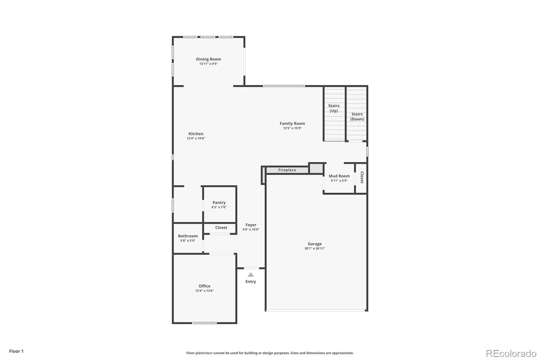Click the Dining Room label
208,59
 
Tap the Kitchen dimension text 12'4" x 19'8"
196,138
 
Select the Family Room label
292,124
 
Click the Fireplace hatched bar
287,170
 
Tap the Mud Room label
339,176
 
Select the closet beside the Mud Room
361,178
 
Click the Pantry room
219,204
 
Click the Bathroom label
188,236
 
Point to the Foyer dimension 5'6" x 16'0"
251,230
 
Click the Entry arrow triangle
250,275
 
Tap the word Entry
250,282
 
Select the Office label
204,286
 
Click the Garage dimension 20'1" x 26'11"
315,249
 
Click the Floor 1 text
16,351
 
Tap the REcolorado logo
511,354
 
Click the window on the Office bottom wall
204,323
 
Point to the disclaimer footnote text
270,353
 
